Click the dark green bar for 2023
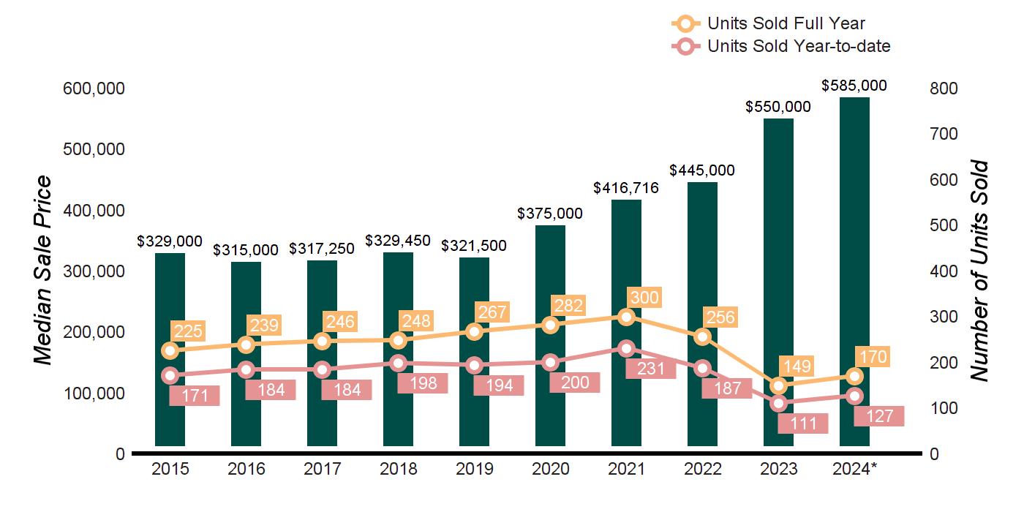(778, 282)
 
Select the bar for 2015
(170, 350)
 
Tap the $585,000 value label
(854, 86)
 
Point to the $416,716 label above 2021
(626, 188)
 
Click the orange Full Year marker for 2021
(626, 317)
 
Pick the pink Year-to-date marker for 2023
(778, 403)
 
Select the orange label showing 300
(644, 298)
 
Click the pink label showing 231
(650, 369)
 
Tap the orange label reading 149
(797, 366)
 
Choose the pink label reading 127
(879, 416)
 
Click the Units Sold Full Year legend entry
(768, 23)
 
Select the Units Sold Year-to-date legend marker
(685, 46)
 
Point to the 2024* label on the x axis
(854, 469)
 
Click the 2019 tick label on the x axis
(474, 469)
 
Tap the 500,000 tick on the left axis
(94, 149)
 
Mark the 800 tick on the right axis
(944, 89)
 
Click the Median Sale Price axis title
(42, 270)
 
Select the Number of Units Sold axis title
(979, 271)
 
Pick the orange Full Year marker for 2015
(170, 350)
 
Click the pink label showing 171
(195, 396)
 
